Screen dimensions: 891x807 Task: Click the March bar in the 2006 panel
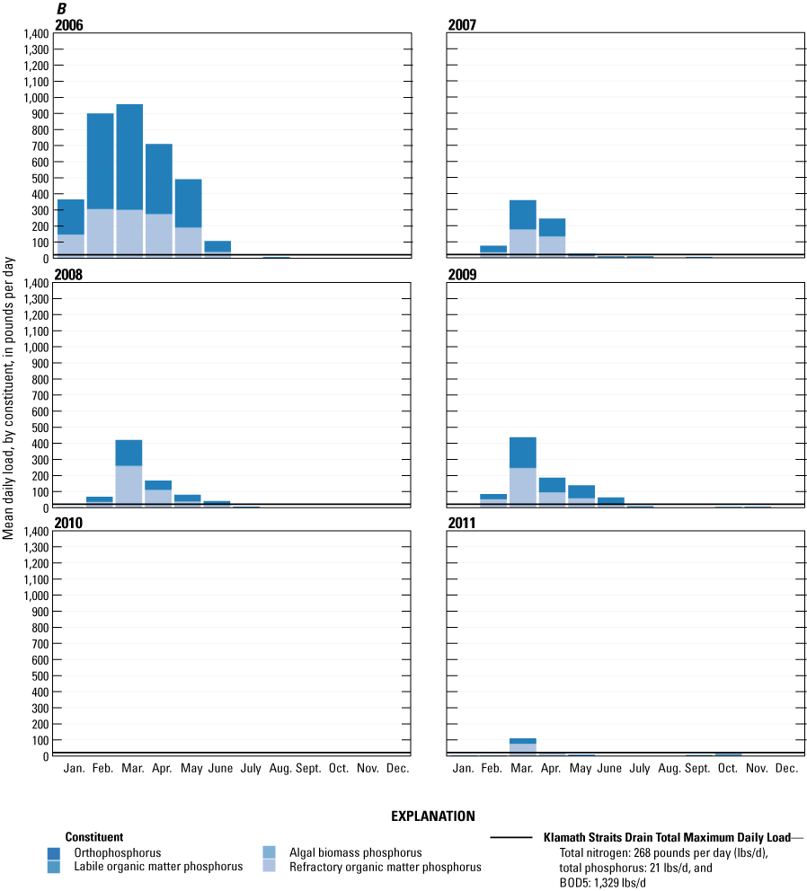click(129, 180)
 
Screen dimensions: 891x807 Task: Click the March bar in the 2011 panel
click(522, 746)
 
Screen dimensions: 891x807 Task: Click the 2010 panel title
click(69, 523)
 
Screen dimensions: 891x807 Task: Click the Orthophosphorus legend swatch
click(56, 852)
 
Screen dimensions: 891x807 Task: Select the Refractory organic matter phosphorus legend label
click(385, 867)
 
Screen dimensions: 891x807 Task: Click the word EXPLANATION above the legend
click(432, 816)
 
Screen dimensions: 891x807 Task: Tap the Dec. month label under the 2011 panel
click(786, 769)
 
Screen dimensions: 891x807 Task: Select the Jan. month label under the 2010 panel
click(70, 769)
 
